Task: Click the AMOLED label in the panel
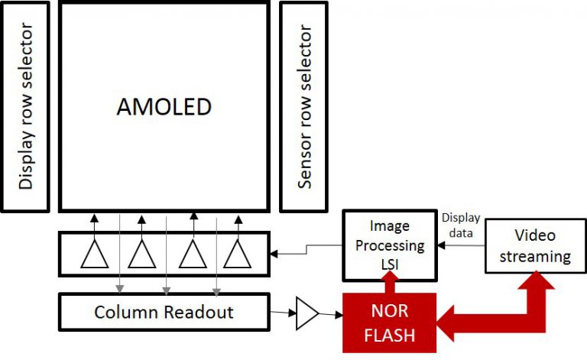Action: point(164,107)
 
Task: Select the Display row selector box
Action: point(27,107)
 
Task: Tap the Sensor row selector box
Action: point(305,107)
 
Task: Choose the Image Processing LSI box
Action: point(390,245)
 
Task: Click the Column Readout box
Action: point(164,313)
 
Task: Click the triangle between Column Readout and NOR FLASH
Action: point(306,313)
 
